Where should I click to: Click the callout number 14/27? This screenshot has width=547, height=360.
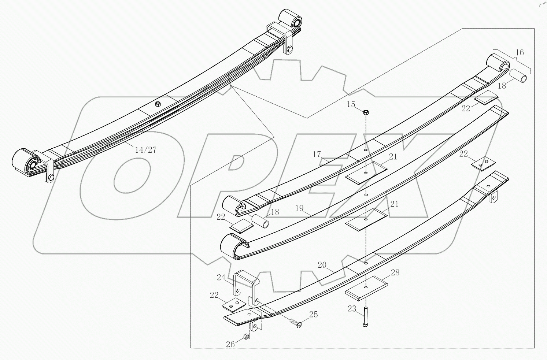click(x=146, y=150)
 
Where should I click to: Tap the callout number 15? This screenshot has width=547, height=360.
click(x=351, y=104)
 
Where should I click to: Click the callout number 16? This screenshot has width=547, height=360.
click(x=520, y=52)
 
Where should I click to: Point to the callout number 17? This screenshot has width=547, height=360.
click(x=317, y=155)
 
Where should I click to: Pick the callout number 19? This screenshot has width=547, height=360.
click(x=299, y=208)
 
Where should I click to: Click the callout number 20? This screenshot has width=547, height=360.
click(x=322, y=265)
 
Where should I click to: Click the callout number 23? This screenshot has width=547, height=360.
click(x=352, y=309)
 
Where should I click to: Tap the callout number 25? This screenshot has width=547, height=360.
click(x=313, y=315)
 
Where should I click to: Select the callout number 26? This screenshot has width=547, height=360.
click(x=230, y=344)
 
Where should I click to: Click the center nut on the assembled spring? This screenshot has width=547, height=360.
click(x=157, y=104)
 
